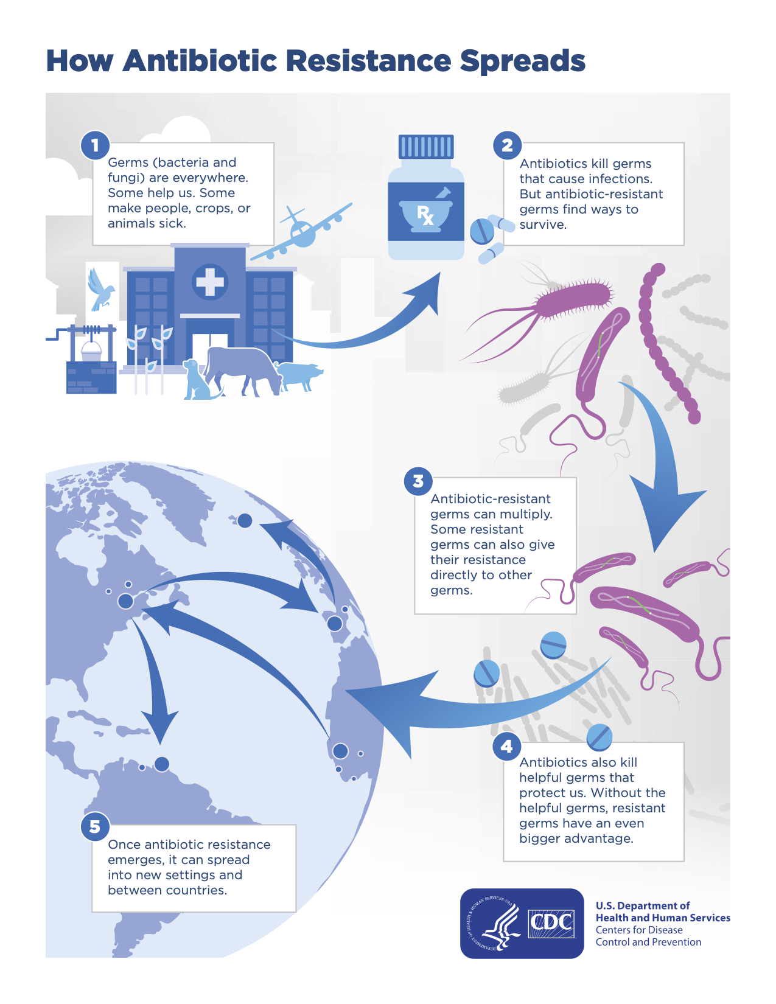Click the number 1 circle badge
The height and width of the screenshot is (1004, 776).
(x=95, y=145)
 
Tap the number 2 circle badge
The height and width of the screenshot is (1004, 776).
(x=507, y=145)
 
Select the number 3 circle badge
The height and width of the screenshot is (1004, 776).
(x=418, y=481)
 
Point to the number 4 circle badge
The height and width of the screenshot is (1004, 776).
(x=506, y=746)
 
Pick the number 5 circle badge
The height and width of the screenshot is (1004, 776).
(x=95, y=827)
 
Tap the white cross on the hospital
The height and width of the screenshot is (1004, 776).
(x=210, y=282)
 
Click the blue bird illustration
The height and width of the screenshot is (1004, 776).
(x=100, y=288)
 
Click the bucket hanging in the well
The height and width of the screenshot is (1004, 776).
(x=92, y=351)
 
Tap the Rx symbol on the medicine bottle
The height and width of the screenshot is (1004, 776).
(x=425, y=215)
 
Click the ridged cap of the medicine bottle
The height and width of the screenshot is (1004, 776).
(x=426, y=147)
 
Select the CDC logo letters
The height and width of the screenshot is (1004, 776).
(x=551, y=923)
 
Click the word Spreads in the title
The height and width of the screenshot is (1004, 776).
(x=522, y=61)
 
